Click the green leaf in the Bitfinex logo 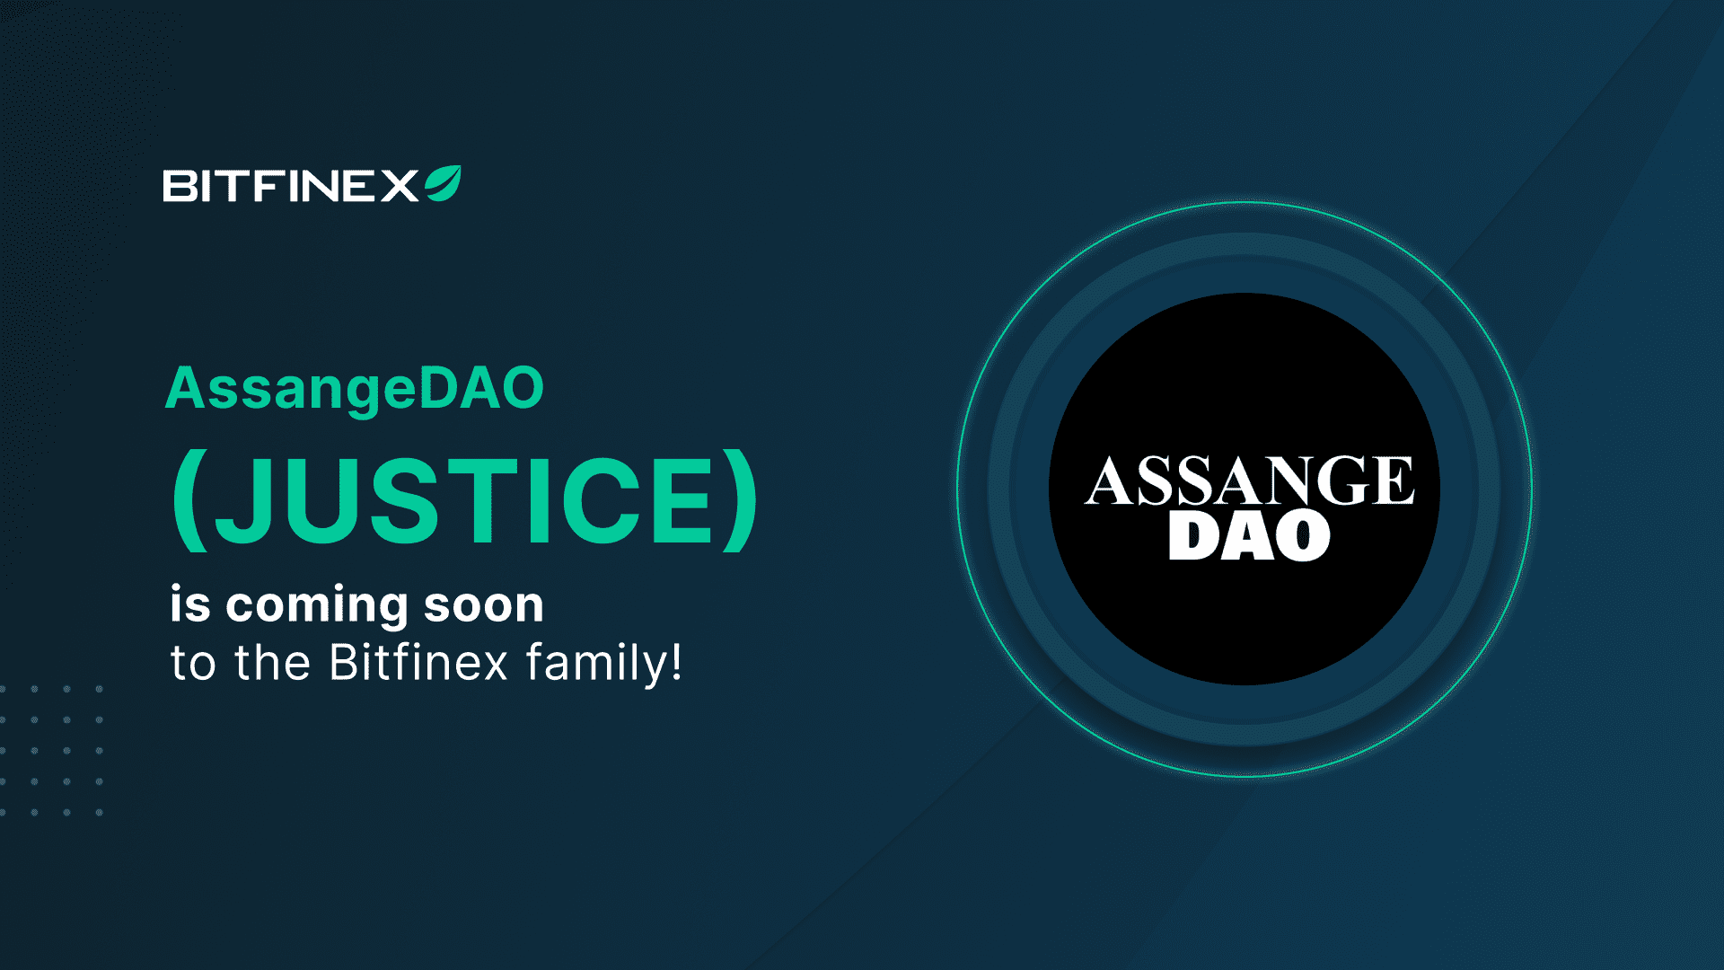point(444,183)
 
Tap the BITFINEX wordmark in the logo point(291,186)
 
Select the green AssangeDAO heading point(355,390)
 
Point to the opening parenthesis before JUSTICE point(189,500)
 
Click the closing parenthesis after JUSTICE point(741,500)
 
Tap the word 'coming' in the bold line point(317,606)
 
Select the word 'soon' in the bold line point(484,606)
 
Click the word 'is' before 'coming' point(190,604)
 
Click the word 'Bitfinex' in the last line point(419,663)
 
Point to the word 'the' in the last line point(273,663)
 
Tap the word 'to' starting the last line point(194,665)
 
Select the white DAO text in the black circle point(1249,536)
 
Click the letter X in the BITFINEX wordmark point(399,186)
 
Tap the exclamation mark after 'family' point(677,662)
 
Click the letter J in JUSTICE point(238,500)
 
